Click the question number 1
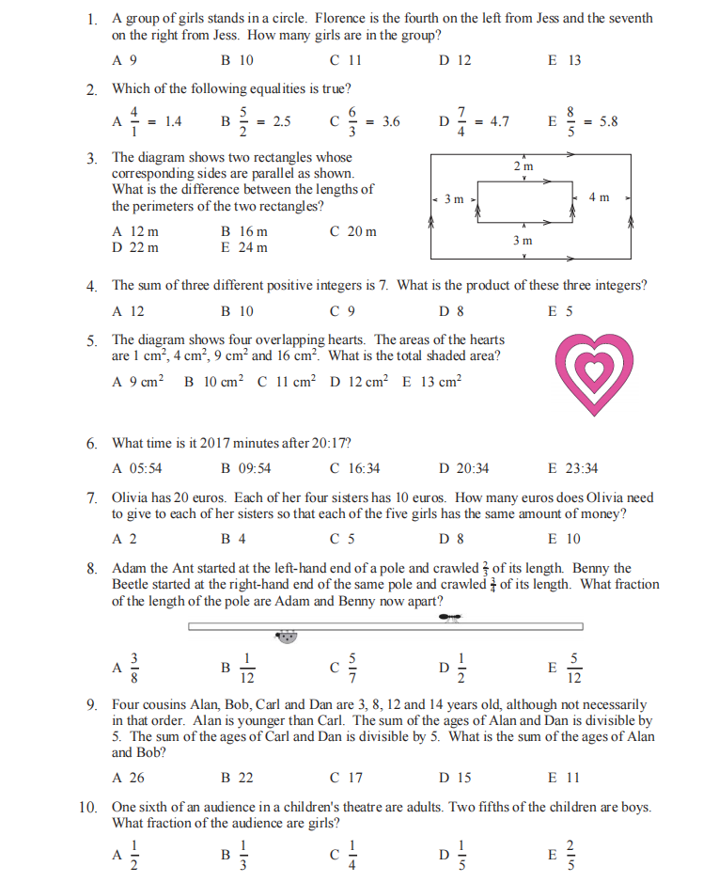(x=91, y=18)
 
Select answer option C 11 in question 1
(x=346, y=60)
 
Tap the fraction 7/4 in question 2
(x=461, y=121)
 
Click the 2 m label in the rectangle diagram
(x=523, y=166)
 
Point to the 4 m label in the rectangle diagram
(x=599, y=197)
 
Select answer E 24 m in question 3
(x=243, y=247)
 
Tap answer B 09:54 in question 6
(x=245, y=468)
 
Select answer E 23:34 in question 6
(x=572, y=468)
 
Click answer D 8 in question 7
(x=451, y=539)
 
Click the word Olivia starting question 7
(x=131, y=497)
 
